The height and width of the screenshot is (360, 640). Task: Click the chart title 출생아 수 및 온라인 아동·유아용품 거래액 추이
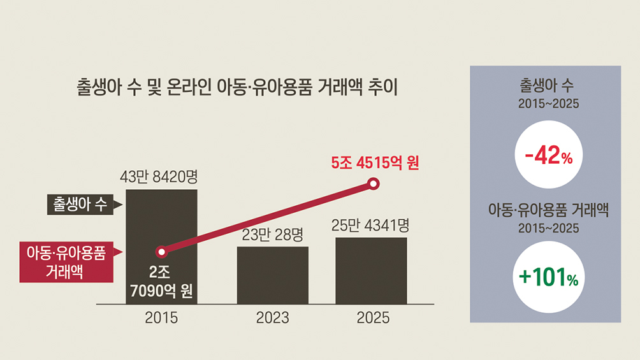237,87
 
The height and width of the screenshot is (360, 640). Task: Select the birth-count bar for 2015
162,247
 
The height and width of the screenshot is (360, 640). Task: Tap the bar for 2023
273,275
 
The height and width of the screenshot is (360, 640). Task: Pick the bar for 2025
372,271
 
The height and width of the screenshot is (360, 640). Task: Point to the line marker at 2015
162,252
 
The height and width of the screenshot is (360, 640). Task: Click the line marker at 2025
373,184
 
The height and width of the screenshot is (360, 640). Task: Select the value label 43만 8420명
159,177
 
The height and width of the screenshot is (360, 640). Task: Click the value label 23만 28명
273,234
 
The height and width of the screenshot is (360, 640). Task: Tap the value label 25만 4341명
370,226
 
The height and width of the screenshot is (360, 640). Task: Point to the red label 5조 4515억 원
375,163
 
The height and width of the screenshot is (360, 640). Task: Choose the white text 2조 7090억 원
161,282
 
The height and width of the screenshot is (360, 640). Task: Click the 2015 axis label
161,317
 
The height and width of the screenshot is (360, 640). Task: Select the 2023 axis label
273,317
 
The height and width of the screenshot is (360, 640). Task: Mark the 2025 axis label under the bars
373,317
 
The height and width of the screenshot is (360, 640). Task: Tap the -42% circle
549,155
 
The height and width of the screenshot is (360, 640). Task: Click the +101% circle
549,277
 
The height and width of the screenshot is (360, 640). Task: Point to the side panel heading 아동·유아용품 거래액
548,210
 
